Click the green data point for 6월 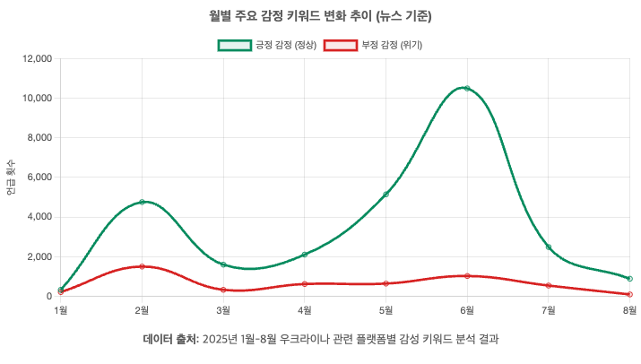467,89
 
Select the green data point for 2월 142,202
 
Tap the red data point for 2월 142,266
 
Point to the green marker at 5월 385,195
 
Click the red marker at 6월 467,276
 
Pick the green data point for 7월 549,247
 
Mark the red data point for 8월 630,294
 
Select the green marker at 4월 305,255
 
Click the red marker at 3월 223,290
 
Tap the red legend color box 340,45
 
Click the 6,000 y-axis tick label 37,178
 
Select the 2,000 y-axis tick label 37,257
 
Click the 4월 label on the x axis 305,311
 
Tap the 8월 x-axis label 629,311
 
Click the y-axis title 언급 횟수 11,178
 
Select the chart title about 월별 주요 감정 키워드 320,15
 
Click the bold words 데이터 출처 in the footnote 170,340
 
